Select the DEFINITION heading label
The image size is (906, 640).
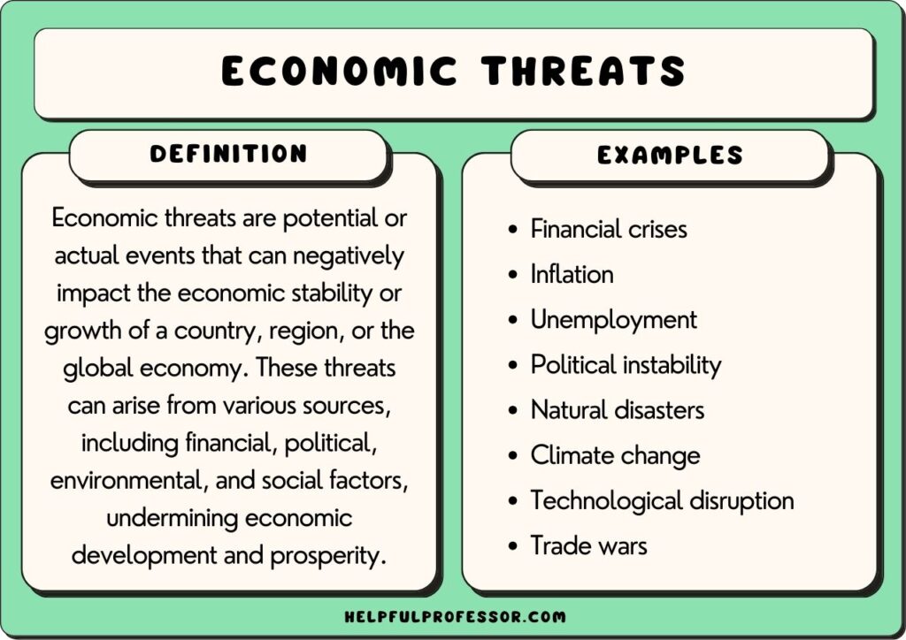coord(228,154)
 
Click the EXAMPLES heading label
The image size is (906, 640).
coord(670,156)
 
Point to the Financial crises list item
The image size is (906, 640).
coord(609,229)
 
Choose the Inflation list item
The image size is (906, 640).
coord(572,274)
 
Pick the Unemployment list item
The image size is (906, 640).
coord(613,319)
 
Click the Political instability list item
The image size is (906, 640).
coord(626,364)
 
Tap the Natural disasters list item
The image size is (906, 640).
coord(617,410)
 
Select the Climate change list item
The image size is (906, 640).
coord(615,455)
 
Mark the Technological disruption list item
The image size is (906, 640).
coord(662,500)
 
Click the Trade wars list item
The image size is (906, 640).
coord(588,545)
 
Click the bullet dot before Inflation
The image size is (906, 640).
coord(513,276)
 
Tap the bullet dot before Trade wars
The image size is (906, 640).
coord(513,547)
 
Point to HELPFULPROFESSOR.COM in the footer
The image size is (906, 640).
coord(452,616)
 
